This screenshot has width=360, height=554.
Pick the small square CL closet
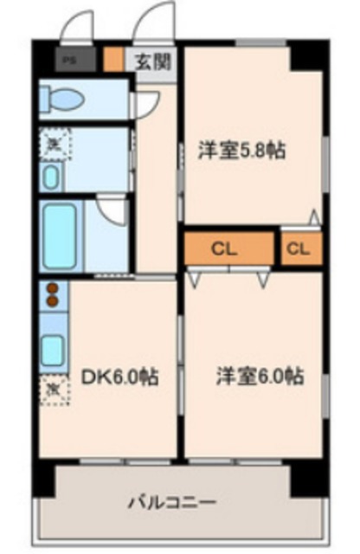299,249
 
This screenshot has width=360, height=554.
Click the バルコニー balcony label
172,502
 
